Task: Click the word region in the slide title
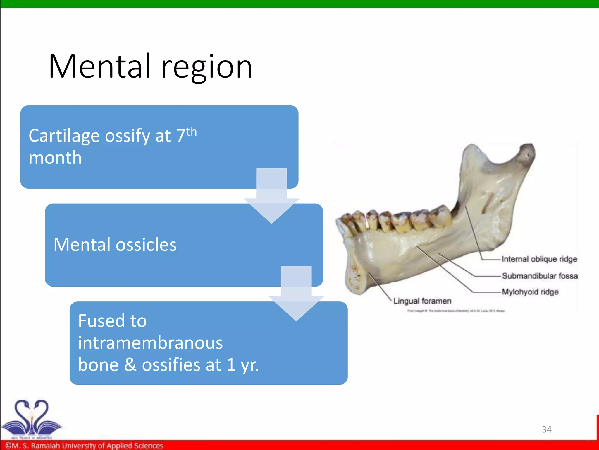(206, 68)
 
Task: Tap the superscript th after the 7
(191, 132)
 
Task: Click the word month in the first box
(55, 158)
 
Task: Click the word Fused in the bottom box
(112, 321)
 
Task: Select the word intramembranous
(150, 343)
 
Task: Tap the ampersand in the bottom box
(130, 365)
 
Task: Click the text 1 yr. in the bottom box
(242, 365)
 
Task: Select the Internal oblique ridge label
(539, 259)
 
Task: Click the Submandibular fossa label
(540, 276)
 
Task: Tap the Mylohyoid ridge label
(530, 292)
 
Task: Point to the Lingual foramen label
(422, 301)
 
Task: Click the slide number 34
(546, 429)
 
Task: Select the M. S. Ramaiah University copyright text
(84, 446)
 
